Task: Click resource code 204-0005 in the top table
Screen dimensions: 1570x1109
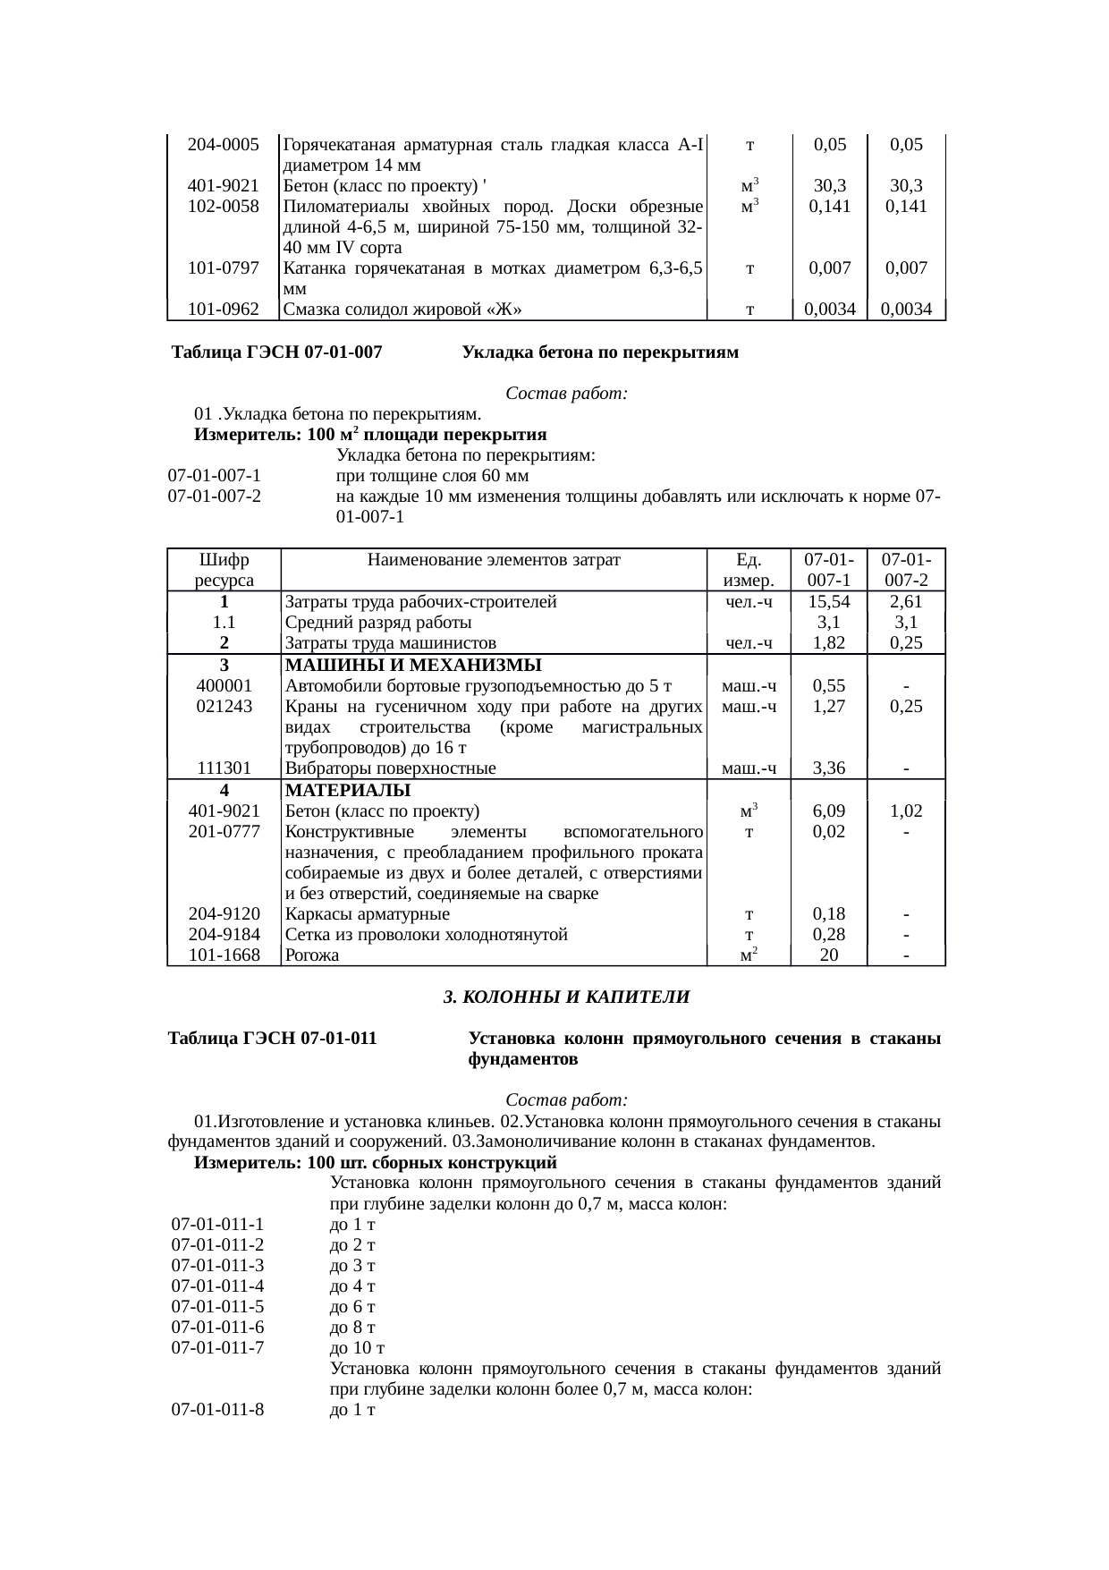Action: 224,145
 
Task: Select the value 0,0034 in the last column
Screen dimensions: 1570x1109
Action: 906,310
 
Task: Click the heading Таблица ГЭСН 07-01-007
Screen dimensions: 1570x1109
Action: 277,352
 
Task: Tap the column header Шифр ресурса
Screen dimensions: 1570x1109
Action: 224,570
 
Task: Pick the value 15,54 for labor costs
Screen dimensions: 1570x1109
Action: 829,602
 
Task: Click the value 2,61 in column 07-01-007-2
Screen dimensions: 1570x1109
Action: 906,602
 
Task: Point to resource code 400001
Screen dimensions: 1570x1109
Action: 224,686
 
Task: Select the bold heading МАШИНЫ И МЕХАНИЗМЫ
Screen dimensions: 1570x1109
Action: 413,666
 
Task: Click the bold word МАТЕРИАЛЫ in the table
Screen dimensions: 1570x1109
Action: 347,791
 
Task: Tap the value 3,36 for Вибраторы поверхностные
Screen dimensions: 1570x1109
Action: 829,768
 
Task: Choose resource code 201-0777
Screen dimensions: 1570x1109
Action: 224,832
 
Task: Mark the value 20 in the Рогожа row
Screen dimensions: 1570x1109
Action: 829,955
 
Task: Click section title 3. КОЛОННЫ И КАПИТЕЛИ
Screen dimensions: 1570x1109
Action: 567,997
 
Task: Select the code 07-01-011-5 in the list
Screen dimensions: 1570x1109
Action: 218,1306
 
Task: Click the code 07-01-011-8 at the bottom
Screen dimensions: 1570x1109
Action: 218,1410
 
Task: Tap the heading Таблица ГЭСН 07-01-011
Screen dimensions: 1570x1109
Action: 272,1039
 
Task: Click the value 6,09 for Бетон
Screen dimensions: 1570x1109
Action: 829,811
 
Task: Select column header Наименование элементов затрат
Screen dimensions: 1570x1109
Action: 494,561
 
